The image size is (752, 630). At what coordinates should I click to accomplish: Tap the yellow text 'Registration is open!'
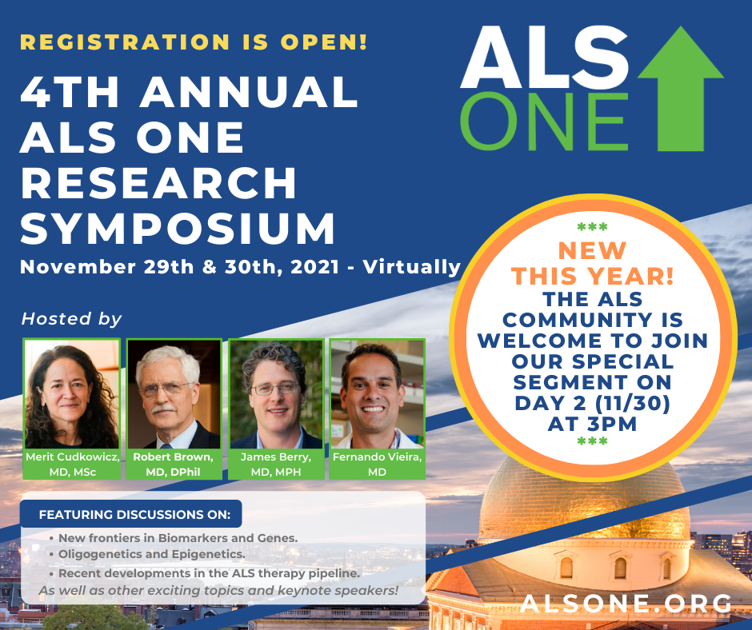pos(194,42)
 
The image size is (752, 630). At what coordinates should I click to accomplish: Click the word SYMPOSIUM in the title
pos(178,228)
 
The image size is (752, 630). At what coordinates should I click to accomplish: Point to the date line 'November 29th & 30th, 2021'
pos(180,267)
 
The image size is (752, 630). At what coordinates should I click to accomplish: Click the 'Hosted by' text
pos(71,319)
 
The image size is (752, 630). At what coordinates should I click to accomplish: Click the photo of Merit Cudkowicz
pos(71,394)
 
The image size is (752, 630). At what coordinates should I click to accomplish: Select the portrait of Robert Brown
pos(174,394)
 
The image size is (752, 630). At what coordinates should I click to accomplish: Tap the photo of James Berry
pos(276,394)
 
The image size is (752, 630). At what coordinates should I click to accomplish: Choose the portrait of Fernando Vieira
pos(377,394)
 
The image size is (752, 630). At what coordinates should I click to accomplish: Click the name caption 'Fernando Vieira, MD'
pos(377,465)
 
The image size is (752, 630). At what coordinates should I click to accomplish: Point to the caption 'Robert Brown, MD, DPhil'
pos(173,465)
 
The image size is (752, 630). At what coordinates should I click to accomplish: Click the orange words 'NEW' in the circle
pos(593,251)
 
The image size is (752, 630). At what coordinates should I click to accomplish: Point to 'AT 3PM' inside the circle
pos(592,424)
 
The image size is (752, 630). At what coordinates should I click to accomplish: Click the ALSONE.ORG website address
pos(626,603)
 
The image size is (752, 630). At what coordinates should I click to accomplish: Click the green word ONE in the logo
pos(544,122)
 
